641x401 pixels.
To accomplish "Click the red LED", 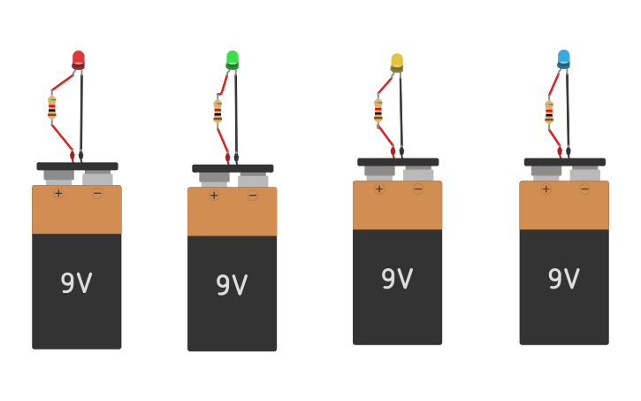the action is pos(79,59).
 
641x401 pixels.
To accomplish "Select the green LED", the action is pos(233,59).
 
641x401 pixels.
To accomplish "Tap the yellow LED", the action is pos(397,62).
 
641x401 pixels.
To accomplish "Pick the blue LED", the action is pos(564,58).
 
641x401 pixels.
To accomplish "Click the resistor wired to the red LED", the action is pos(52,108).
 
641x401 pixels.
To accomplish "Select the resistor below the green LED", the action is pos(217,111).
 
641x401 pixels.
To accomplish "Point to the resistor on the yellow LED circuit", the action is pos(378,110).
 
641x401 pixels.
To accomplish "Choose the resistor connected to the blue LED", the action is pos(549,112).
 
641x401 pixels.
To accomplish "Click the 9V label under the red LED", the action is pos(76,283).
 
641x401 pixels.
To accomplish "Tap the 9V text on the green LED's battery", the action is pos(232,285).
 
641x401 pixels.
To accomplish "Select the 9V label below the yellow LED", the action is pos(397,279).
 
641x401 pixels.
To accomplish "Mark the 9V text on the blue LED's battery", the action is pos(563,279).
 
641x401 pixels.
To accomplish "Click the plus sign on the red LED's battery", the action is pos(58,193).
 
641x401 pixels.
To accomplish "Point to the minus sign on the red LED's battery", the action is pos(97,193).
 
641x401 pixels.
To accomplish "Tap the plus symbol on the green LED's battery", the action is pos(214,195).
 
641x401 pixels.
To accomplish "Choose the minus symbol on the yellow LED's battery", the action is pos(418,189).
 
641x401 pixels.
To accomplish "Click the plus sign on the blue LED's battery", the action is pos(546,189).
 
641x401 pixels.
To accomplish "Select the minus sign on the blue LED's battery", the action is pos(584,189).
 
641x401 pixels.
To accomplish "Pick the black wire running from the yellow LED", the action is pos(401,111).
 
